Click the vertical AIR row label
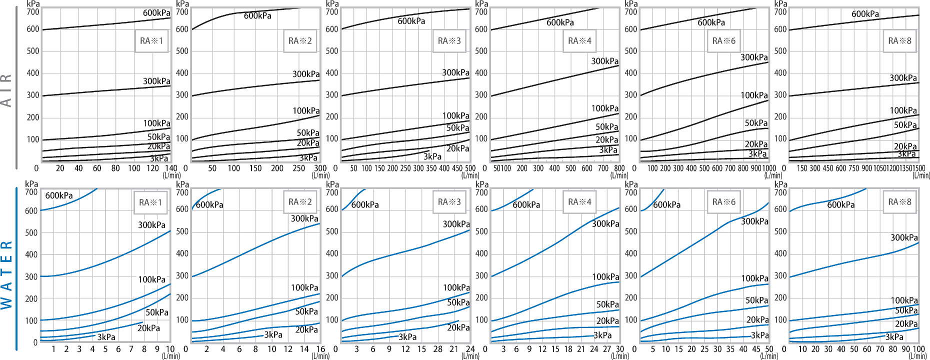[6, 90]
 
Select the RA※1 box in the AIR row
[151, 41]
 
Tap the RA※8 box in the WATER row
[899, 202]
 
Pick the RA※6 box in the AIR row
[723, 41]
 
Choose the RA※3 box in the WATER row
[449, 202]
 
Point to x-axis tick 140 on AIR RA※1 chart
[171, 168]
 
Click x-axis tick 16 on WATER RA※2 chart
[320, 349]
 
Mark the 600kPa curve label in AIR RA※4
[560, 22]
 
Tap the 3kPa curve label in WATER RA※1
[106, 337]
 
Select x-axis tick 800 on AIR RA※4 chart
[619, 168]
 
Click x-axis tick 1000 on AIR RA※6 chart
[769, 168]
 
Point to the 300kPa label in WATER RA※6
[754, 221]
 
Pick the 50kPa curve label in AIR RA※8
[905, 125]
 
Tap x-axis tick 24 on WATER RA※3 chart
[470, 349]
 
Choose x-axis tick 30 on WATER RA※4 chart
[619, 349]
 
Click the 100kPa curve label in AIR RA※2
[306, 110]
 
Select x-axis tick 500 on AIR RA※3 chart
[470, 168]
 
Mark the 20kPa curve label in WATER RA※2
[306, 329]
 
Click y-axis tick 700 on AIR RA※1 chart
[33, 12]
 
